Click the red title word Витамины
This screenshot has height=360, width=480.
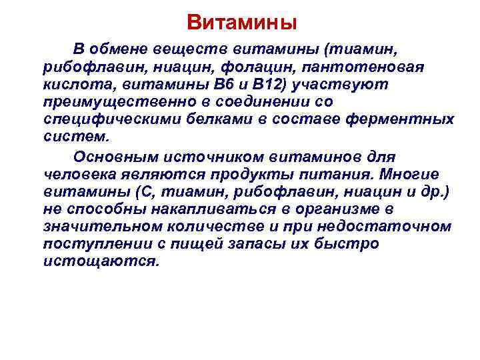point(241,23)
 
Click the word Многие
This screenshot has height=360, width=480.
point(412,175)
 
